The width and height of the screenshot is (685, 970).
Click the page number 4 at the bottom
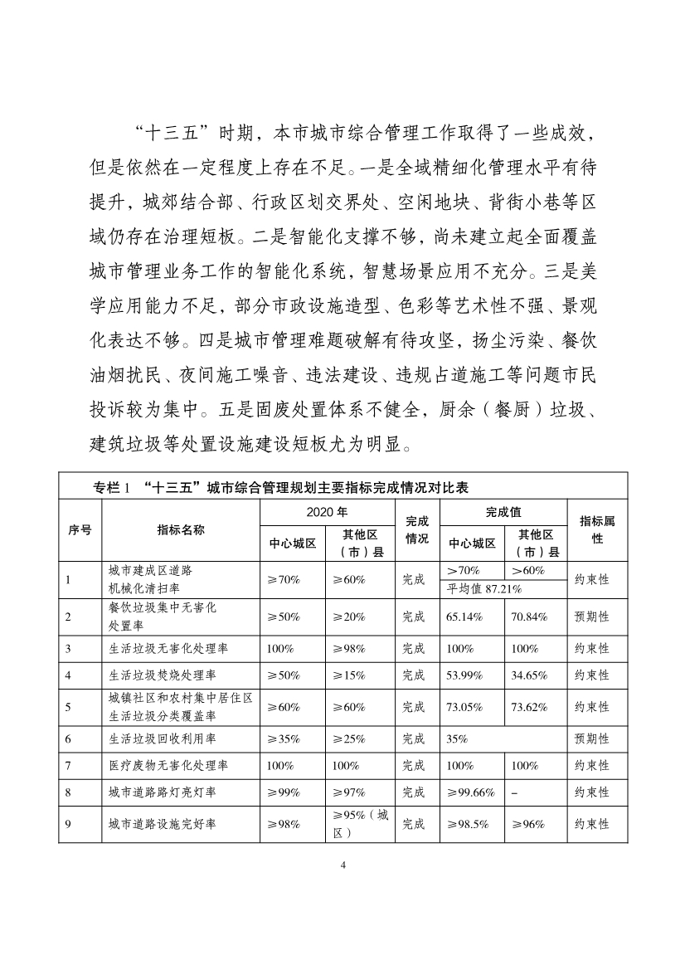[x=342, y=866]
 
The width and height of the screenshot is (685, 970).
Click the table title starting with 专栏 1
[x=282, y=487]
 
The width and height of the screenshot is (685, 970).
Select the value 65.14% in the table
[x=464, y=617]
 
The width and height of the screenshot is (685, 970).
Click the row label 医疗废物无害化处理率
[x=162, y=765]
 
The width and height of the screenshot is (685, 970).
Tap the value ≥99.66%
[x=470, y=792]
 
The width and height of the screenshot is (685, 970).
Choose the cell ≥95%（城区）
[x=359, y=824]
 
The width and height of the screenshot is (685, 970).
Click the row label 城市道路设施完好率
[x=157, y=824]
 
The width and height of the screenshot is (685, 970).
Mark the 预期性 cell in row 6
[x=592, y=738]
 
